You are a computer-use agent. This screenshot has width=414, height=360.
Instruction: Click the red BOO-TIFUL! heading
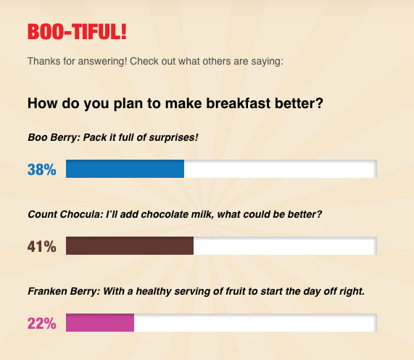tap(77, 32)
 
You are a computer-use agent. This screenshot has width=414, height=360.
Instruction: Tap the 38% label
tap(42, 169)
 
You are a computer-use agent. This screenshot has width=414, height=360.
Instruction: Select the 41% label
tap(42, 246)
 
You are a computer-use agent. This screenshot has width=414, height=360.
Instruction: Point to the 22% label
tap(42, 323)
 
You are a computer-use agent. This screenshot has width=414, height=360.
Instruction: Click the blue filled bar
tap(125, 168)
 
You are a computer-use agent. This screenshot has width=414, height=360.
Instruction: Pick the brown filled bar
tap(130, 245)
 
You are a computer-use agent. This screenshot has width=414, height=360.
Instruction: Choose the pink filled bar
tap(100, 322)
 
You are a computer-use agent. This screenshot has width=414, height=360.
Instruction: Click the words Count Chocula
tap(65, 214)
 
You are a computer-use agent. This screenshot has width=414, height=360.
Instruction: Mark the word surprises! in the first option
tap(173, 138)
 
